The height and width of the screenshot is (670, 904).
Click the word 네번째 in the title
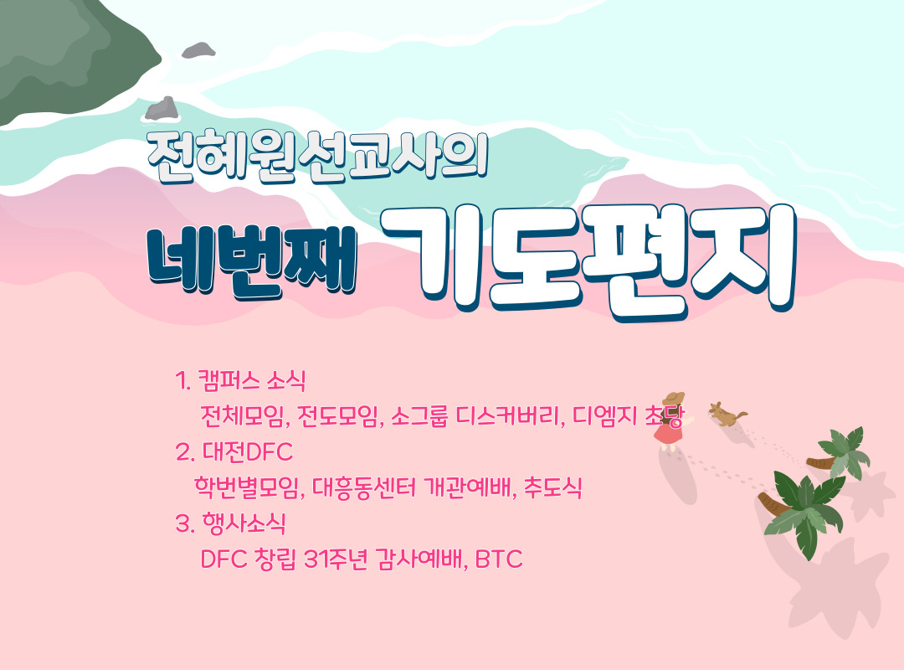pyautogui.click(x=252, y=263)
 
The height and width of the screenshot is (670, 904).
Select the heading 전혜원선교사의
pyautogui.click(x=318, y=157)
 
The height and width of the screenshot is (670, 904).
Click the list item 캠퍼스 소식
pyautogui.click(x=251, y=381)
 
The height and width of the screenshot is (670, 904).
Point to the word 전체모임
pyautogui.click(x=243, y=416)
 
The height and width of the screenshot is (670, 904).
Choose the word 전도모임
pyautogui.click(x=339, y=416)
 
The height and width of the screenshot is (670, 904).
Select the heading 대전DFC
pyautogui.click(x=247, y=452)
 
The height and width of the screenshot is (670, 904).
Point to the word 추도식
pyautogui.click(x=552, y=487)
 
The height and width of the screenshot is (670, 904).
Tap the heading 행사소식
pyautogui.click(x=244, y=523)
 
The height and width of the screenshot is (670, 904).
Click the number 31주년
pyautogui.click(x=335, y=559)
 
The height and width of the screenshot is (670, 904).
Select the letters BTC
pyautogui.click(x=499, y=559)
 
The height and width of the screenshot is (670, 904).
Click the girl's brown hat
pyautogui.click(x=673, y=398)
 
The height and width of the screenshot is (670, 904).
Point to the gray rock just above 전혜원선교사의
pyautogui.click(x=162, y=109)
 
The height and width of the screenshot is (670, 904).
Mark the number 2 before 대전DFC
pyautogui.click(x=182, y=452)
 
